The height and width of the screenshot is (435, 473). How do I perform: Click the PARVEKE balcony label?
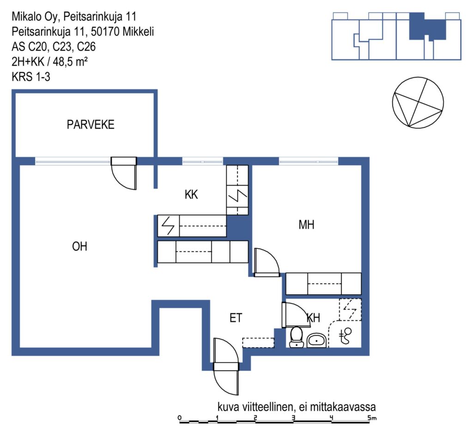tap(91, 125)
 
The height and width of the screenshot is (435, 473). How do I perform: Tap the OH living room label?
tap(79, 247)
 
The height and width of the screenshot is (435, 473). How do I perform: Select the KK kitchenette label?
tap(191, 195)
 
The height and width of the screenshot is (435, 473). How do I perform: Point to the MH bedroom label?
tap(306, 225)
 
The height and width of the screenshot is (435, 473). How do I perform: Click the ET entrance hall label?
tap(236, 318)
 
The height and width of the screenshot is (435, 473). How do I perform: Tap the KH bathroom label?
tap(314, 318)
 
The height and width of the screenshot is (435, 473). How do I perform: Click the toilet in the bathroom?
tap(296, 337)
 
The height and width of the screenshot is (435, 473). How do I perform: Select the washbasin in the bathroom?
tap(316, 341)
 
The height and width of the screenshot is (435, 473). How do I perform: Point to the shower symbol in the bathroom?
tap(346, 336)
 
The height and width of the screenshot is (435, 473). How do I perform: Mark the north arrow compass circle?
tap(418, 102)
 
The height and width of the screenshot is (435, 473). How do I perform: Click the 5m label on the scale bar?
tap(372, 418)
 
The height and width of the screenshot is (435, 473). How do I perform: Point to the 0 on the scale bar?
tap(180, 418)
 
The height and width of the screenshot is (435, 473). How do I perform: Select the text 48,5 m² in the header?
tap(70, 62)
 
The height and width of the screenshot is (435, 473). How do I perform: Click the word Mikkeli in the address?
tap(138, 31)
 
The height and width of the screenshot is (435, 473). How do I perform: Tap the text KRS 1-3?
tap(31, 77)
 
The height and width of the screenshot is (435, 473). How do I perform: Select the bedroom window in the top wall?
tap(308, 161)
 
